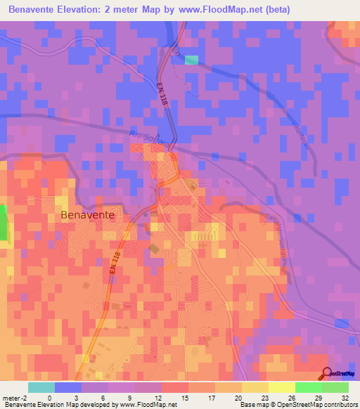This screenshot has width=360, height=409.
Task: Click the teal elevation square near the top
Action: click(x=191, y=60)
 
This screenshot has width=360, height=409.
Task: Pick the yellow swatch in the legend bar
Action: click(x=281, y=387)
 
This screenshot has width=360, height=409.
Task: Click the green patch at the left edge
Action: click(x=2, y=223)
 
